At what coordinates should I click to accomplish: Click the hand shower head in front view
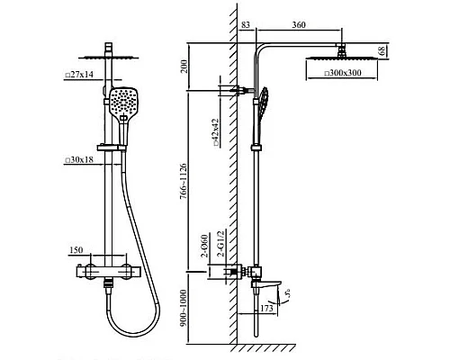tap(125, 97)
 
